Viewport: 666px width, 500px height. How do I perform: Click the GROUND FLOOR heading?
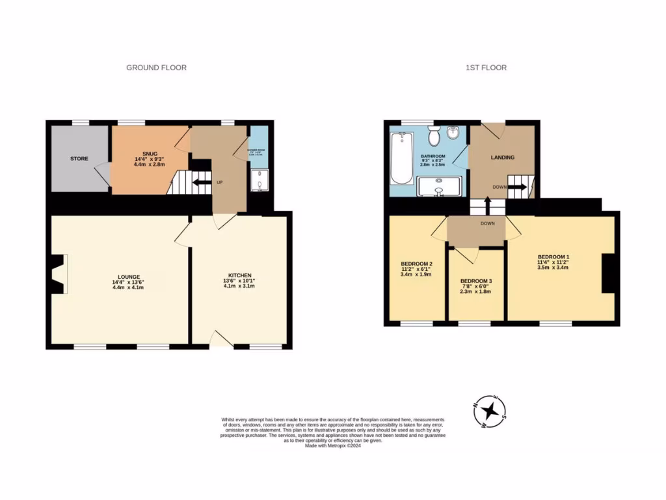click(156, 68)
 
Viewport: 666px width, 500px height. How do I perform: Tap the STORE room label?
click(79, 158)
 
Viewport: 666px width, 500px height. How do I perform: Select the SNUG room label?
click(141, 153)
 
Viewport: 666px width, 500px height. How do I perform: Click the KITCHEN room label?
click(239, 275)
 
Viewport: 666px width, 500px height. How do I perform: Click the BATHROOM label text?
click(433, 156)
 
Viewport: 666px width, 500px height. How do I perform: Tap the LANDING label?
click(502, 158)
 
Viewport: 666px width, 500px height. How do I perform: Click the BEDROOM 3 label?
click(476, 281)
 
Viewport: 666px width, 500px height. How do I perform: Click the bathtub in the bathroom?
click(401, 158)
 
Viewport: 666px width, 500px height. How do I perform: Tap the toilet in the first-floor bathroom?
click(435, 137)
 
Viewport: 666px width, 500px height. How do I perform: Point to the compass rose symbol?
click(493, 411)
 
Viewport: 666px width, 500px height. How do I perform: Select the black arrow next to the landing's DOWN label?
click(518, 187)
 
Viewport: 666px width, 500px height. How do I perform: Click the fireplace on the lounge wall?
click(59, 275)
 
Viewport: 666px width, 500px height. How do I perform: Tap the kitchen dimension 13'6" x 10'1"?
click(239, 281)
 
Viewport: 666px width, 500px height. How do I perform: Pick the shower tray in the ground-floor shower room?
click(258, 182)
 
